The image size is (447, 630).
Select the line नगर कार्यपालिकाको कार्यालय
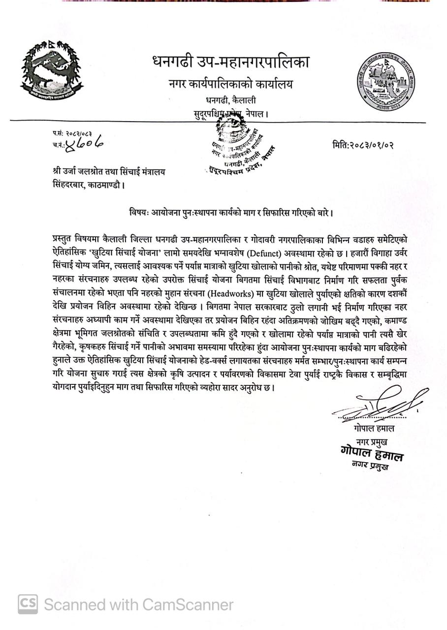(230, 84)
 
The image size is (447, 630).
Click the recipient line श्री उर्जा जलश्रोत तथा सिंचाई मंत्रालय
(109, 172)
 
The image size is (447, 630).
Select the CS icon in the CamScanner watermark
(28, 604)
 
